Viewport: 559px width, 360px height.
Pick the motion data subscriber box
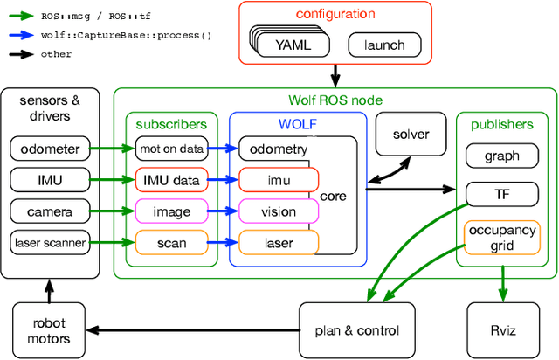pos(171,149)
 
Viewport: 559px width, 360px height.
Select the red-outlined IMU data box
pos(171,180)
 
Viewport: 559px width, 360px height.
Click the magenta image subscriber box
pos(171,211)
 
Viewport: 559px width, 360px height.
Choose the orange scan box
pos(171,241)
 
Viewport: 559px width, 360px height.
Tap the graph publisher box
pos(500,156)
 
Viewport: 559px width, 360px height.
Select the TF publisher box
pos(500,193)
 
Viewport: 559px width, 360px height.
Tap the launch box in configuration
pos(383,45)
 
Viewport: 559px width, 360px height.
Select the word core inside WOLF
pos(334,196)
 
